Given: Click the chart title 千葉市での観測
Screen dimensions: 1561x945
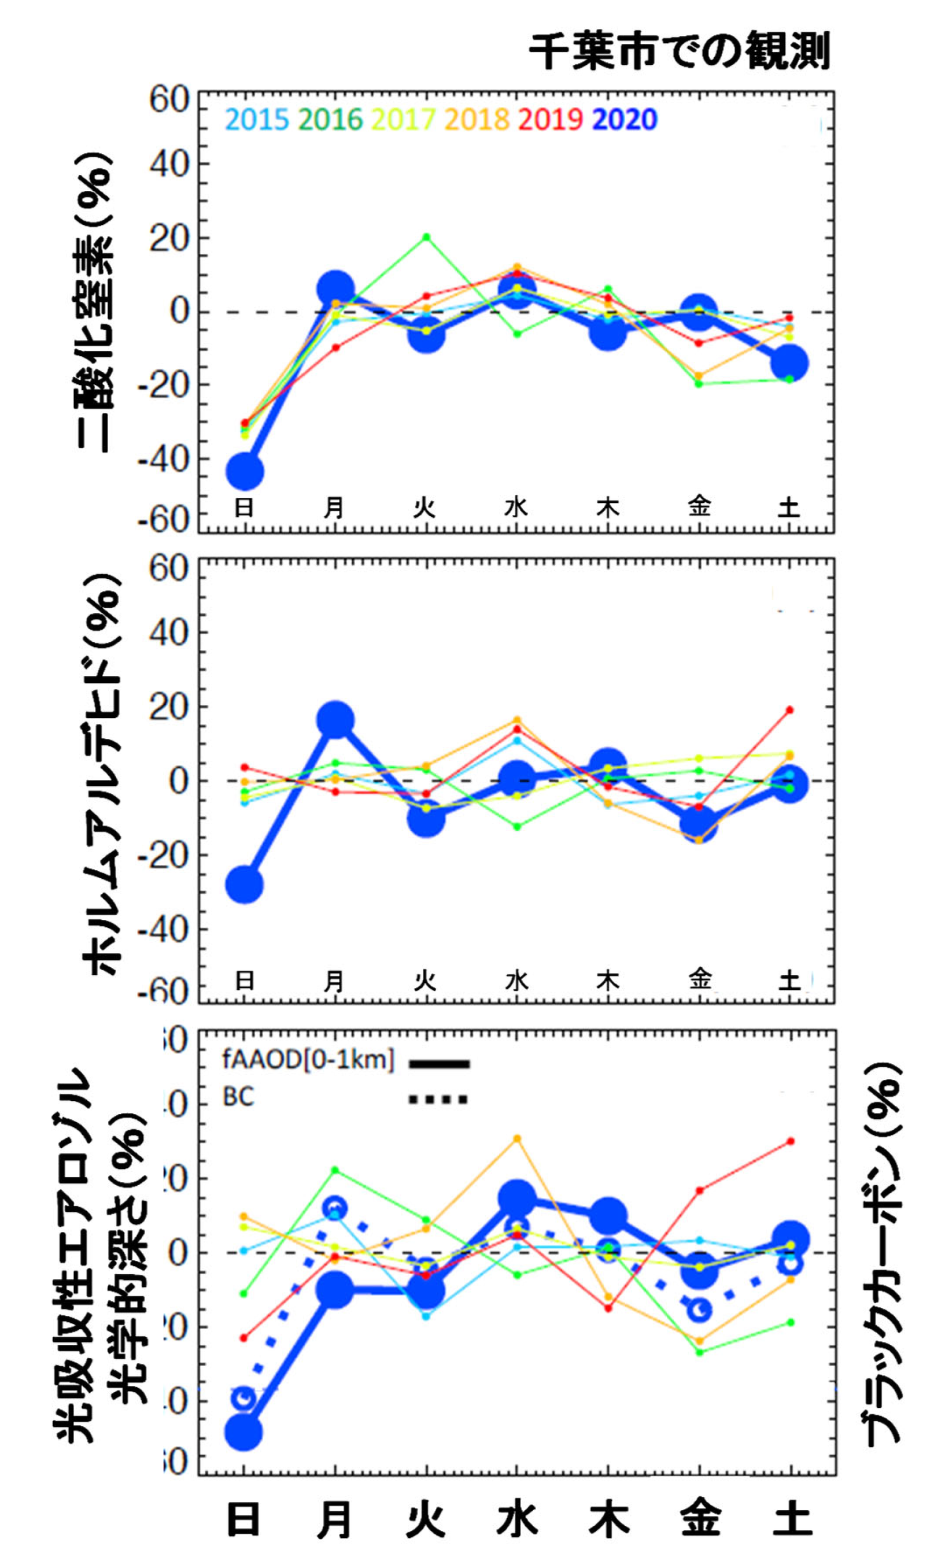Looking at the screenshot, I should click(x=678, y=51).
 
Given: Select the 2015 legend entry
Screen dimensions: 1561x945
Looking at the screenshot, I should click(x=257, y=119).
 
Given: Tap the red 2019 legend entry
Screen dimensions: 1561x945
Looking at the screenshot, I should click(x=550, y=119).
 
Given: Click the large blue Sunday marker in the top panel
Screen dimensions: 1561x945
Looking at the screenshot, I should click(x=245, y=472).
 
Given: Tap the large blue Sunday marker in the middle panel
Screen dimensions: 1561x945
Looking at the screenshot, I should click(x=245, y=885).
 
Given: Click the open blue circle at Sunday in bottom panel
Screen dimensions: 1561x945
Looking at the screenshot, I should click(x=245, y=1398).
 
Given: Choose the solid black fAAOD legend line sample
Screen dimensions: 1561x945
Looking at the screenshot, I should click(x=438, y=1064).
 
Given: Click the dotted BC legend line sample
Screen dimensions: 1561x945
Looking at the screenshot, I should click(x=438, y=1099).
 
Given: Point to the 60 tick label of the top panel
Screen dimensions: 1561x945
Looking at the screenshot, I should click(x=169, y=99).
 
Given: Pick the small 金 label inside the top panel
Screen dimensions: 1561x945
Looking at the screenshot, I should click(x=699, y=507).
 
